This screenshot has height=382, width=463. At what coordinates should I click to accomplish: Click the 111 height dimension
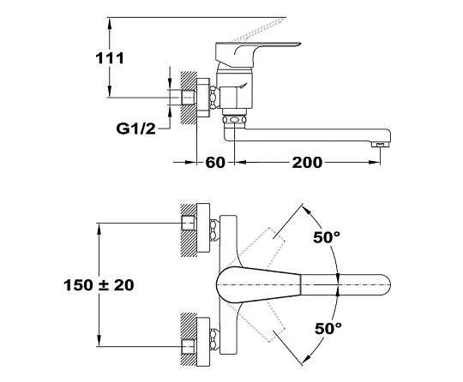pos(110,58)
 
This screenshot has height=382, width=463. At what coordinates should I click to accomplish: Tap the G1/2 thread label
pos(135,128)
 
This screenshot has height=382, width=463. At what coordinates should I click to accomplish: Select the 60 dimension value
pos(215,163)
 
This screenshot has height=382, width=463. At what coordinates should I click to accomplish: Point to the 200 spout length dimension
pos(307,163)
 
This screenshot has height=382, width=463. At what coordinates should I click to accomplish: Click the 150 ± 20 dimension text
pos(99,285)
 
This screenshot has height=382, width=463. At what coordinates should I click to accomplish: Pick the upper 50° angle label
pos(327,237)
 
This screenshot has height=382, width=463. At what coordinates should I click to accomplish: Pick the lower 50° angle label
pos(328,328)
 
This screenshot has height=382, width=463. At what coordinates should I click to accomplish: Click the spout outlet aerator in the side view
pos(380,145)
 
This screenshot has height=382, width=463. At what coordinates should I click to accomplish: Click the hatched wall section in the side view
pos(189,98)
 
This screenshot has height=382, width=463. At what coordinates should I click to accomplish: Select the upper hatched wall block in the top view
pos(189,230)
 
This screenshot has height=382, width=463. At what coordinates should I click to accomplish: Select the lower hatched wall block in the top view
pos(189,339)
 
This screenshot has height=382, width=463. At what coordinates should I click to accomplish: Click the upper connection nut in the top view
pos(214,230)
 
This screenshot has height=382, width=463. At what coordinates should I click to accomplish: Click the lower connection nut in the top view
pos(214,338)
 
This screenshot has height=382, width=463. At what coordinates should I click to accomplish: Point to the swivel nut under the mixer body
pos(234,121)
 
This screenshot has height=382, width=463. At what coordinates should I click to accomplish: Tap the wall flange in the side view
pos(203,98)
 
